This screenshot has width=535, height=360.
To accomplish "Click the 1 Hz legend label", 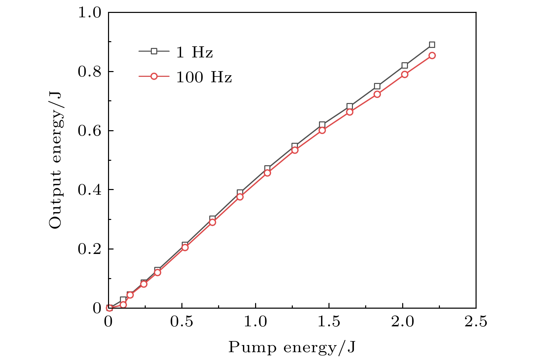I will pos(194,52).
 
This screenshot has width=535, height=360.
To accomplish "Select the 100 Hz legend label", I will pos(204,78).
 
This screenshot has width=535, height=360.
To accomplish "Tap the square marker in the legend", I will pos(154,51).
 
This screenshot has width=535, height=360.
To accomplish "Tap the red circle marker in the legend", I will pos(154,76).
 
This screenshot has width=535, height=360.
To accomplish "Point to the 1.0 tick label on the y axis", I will pos(90,13).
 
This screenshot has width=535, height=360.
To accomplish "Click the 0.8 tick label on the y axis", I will pos(90,72).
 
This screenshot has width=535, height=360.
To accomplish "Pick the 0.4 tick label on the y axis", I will pos(90,190).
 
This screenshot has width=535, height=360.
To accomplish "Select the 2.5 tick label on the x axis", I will pos(476,322).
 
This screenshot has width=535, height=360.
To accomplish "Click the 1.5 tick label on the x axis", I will pos(329,322).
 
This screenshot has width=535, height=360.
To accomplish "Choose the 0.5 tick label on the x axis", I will pos(182,322).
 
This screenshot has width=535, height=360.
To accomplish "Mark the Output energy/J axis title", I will pos(55,160).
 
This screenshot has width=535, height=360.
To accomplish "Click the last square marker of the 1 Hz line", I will pos(432,45).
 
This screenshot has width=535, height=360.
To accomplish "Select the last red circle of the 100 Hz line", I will pos(432,55).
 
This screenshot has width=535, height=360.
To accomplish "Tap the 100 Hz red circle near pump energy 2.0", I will pos(404,74).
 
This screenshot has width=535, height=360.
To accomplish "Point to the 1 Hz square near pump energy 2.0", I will pos(404,66).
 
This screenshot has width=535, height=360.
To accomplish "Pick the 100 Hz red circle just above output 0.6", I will pos(322,130).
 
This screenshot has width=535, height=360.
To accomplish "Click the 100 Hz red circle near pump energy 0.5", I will pos(185,247).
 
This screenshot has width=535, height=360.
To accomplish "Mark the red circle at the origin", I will pos(109,308).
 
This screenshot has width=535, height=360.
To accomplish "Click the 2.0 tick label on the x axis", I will pos(402,322).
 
